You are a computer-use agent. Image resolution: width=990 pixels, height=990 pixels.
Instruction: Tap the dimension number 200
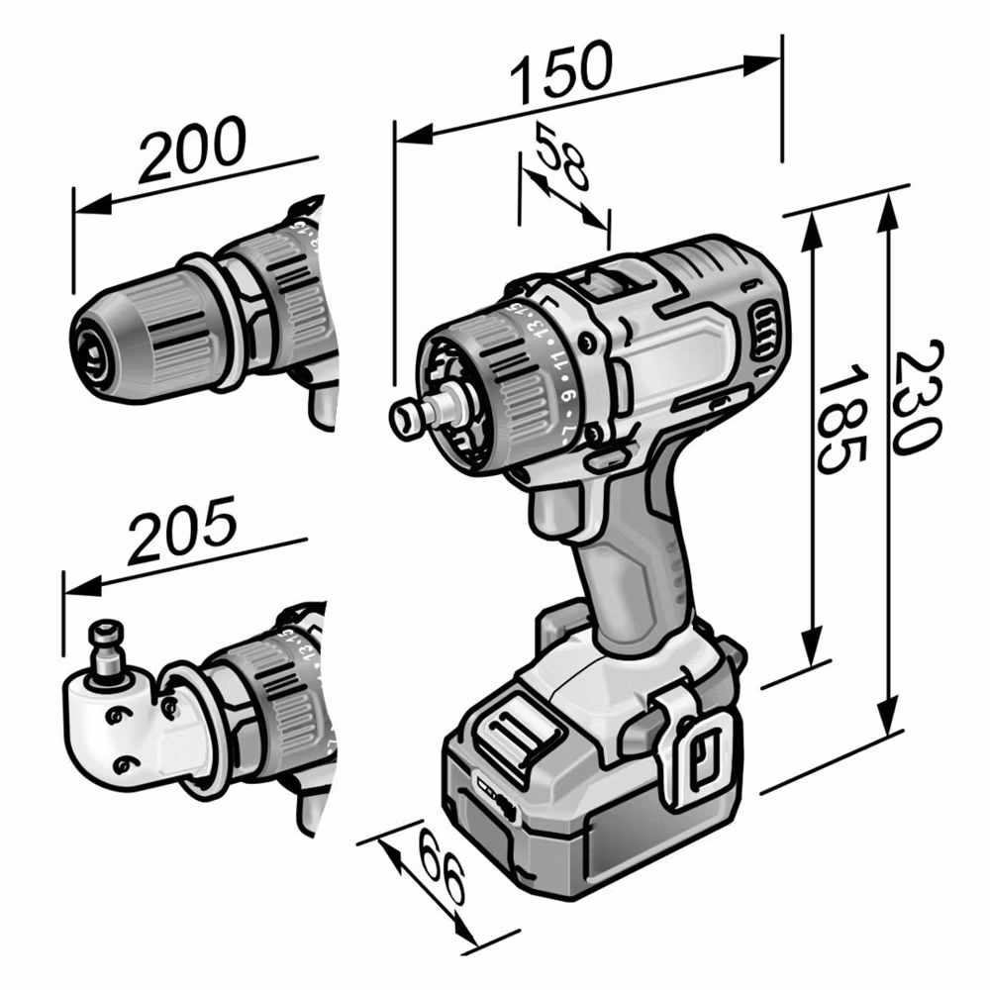(192, 148)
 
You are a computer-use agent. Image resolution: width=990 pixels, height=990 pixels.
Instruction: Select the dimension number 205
(182, 531)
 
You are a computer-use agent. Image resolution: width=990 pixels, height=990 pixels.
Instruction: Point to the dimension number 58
(561, 156)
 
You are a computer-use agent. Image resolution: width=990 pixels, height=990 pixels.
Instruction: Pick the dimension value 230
(920, 397)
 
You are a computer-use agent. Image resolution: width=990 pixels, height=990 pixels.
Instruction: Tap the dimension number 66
(442, 869)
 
